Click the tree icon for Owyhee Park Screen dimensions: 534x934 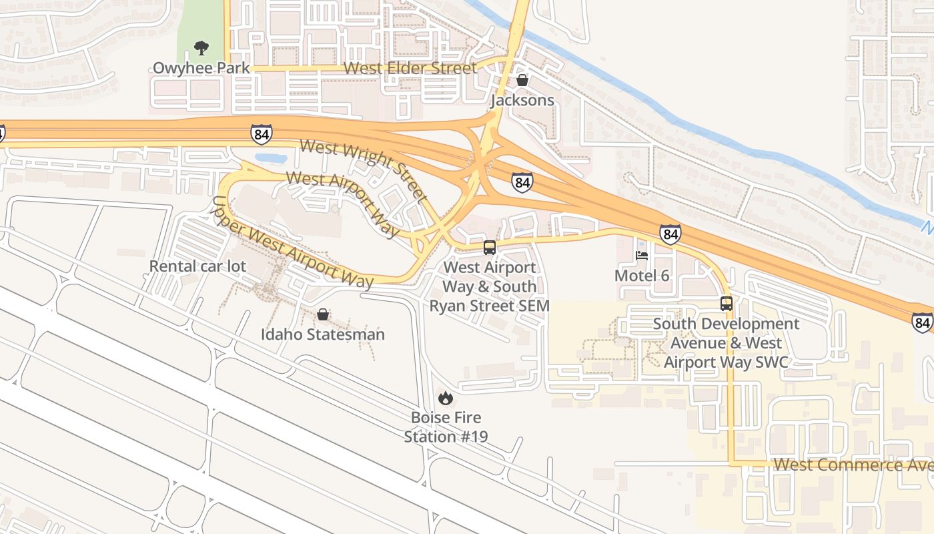point(200,47)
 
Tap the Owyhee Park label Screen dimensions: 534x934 point(201,68)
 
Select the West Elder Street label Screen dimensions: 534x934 point(410,68)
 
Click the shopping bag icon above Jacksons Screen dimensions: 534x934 point(522,80)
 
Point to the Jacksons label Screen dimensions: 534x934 point(522,100)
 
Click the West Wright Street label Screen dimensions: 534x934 point(364,170)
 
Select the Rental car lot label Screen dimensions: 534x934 point(197,266)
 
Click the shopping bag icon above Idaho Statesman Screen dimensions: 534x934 point(323,314)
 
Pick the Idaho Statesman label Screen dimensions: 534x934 point(323,334)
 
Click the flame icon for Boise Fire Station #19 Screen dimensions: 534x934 point(446,398)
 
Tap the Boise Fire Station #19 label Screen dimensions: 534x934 point(446,427)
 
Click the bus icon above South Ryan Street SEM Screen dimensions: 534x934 point(490,248)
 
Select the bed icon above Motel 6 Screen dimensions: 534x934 point(642,256)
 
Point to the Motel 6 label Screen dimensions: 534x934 point(642,276)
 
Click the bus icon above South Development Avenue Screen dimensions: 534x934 point(726,304)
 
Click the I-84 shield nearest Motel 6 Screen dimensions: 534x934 point(670,234)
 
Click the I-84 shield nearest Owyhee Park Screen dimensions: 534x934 point(262,134)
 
